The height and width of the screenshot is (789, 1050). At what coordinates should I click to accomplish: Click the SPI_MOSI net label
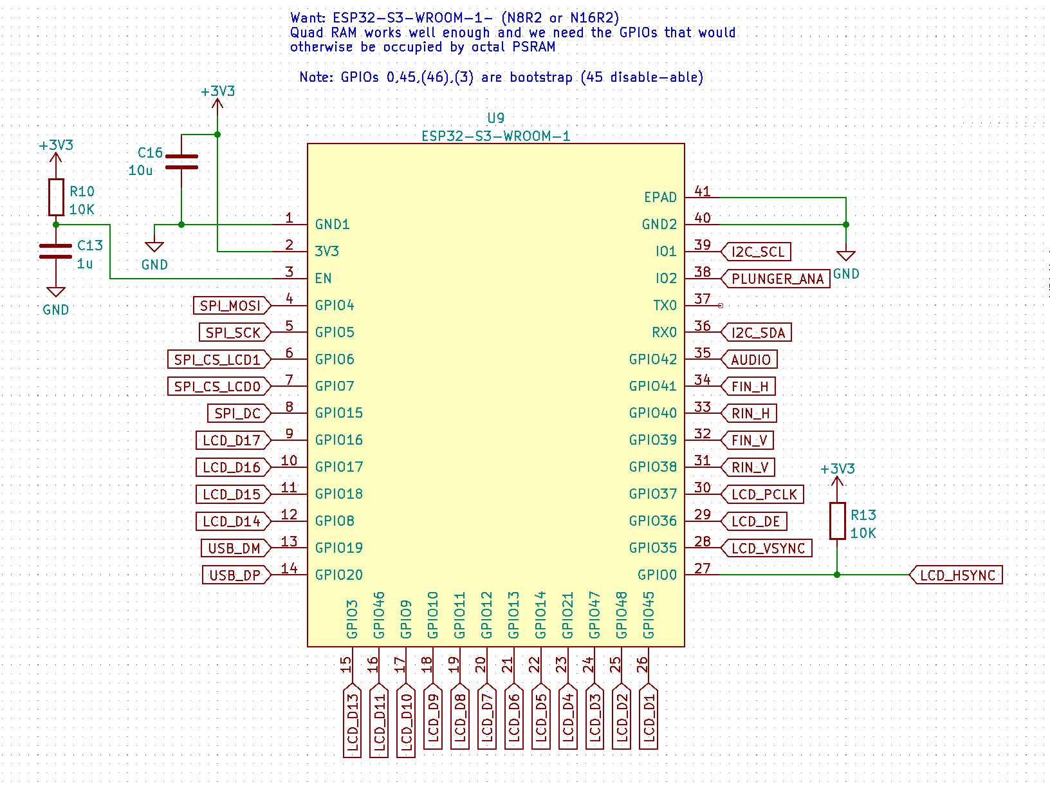coord(231,306)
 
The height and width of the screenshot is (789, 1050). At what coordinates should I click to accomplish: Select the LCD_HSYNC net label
coord(957,575)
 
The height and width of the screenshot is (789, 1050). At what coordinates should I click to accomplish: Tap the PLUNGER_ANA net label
coord(777,279)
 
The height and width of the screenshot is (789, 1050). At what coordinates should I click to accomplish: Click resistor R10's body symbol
coord(56,198)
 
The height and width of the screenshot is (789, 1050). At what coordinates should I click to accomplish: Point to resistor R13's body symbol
coord(837,521)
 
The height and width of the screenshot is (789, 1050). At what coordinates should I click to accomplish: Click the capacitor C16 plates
coord(181,162)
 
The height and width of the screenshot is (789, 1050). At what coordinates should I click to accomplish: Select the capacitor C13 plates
coord(56,251)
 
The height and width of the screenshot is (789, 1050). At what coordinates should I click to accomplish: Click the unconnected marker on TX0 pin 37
coord(720,306)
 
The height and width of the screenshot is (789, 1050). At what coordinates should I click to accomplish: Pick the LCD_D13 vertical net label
coord(353,720)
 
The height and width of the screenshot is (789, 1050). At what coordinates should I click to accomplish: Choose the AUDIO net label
coord(750,360)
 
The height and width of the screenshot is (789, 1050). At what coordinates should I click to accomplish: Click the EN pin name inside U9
coord(323,279)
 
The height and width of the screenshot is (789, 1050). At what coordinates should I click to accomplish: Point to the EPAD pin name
coord(660,198)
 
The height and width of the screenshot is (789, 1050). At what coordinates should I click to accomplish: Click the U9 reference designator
coord(495,118)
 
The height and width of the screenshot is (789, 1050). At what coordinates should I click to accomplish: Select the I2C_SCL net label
coord(757,252)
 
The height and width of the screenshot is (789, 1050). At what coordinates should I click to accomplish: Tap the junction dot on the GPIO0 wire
coord(837,575)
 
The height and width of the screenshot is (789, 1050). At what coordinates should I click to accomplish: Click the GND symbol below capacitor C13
coord(56,293)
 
